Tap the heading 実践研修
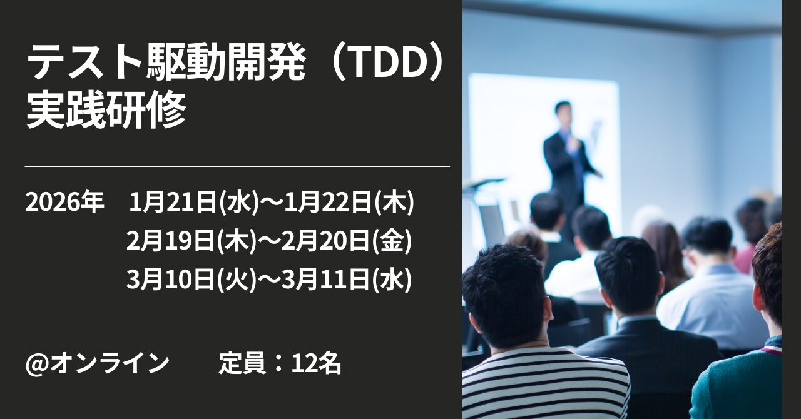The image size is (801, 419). tap(106, 109)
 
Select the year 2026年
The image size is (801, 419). tap(64, 203)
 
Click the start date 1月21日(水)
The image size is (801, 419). tap(194, 203)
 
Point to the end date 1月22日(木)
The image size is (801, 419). tap(349, 203)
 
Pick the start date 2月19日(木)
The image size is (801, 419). tap(191, 241)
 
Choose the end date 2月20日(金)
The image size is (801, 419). tap(347, 241)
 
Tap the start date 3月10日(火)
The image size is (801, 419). tap(191, 280)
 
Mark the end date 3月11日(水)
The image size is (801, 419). tap(347, 280)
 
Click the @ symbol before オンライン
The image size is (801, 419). tap(37, 365)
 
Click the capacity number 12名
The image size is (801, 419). tap(316, 363)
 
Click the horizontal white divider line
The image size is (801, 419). tap(237, 166)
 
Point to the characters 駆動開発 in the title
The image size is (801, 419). tap(226, 64)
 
